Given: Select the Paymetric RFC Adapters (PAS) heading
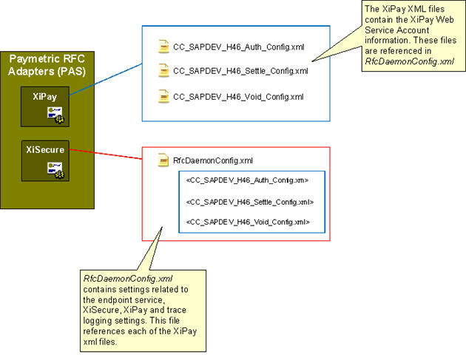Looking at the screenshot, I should pyautogui.click(x=46, y=64).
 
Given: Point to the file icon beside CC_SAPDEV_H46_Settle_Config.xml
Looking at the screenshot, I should pyautogui.click(x=164, y=72).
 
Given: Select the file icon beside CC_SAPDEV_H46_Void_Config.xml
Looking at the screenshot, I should pyautogui.click(x=164, y=96).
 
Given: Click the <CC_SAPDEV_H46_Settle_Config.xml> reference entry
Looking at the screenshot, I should pyautogui.click(x=249, y=201).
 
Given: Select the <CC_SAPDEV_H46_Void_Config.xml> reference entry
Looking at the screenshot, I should pyautogui.click(x=247, y=222).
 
